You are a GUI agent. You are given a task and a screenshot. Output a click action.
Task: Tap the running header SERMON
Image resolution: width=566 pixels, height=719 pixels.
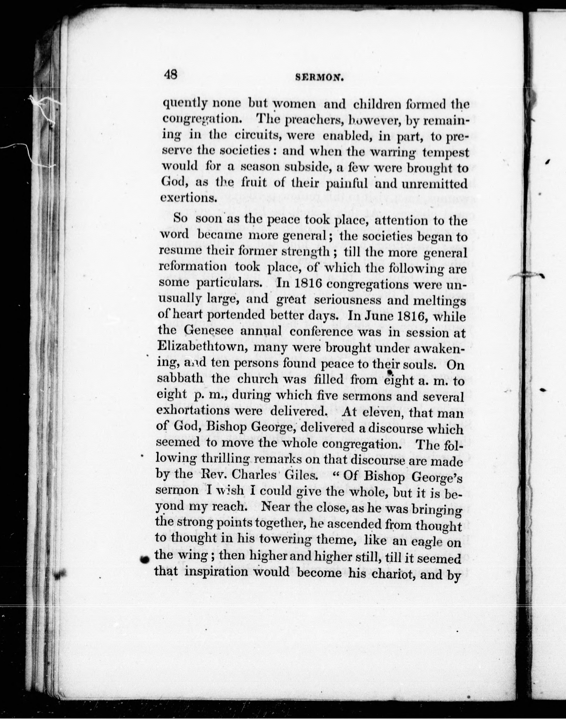318,77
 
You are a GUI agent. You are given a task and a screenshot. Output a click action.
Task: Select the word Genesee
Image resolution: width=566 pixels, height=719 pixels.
208,331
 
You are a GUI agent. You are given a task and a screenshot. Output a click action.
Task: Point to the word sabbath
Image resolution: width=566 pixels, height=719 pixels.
180,378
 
